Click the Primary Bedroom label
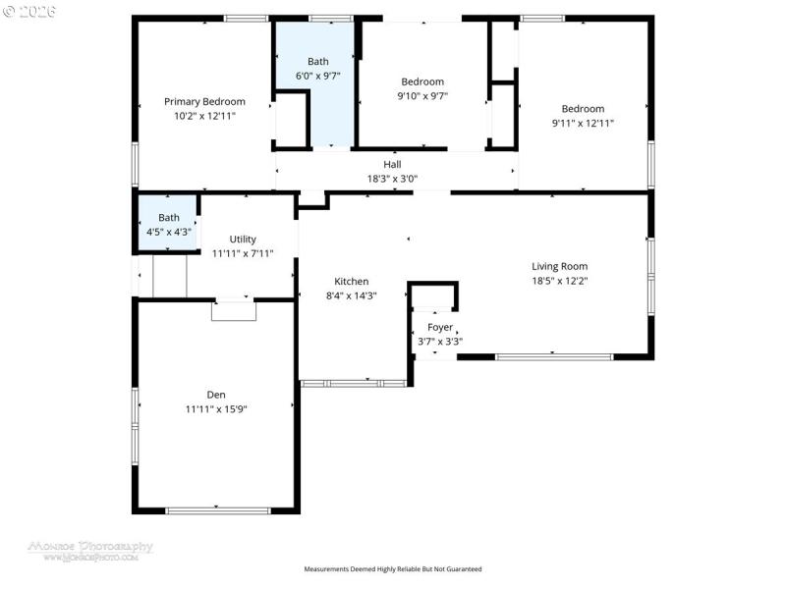(x=204, y=101)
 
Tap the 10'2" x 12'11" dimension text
(x=204, y=115)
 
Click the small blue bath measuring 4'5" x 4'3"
(x=168, y=225)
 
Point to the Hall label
(x=392, y=165)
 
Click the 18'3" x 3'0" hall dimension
(x=392, y=179)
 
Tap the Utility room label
(x=243, y=240)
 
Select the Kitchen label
(x=351, y=282)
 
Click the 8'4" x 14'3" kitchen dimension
(x=351, y=295)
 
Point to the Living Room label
(x=559, y=266)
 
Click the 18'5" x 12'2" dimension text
(x=559, y=280)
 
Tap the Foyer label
(x=439, y=328)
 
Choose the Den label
(x=215, y=395)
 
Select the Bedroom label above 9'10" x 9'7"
(x=422, y=81)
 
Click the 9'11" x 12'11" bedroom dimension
(x=583, y=123)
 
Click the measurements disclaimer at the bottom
(x=392, y=569)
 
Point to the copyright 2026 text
(x=30, y=12)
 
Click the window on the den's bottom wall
(x=217, y=509)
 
